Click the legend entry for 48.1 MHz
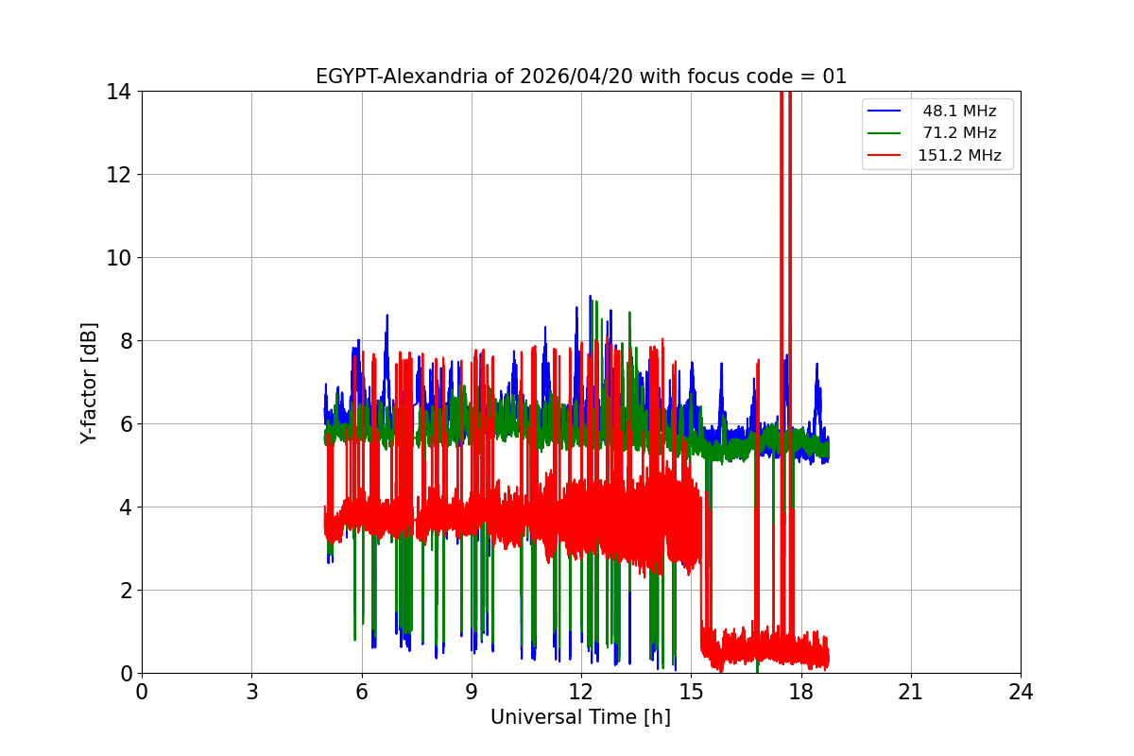959,112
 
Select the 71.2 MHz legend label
959,133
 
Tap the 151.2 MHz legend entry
959,156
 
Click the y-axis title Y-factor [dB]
89,382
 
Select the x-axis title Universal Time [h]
580,717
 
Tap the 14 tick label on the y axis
118,92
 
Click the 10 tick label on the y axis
118,258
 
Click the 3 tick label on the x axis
251,692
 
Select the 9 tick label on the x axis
472,692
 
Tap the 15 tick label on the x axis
691,692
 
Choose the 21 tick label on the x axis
911,692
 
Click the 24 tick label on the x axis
1021,692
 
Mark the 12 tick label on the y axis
118,175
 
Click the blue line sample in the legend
885,112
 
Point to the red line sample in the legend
885,156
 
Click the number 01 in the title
833,77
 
